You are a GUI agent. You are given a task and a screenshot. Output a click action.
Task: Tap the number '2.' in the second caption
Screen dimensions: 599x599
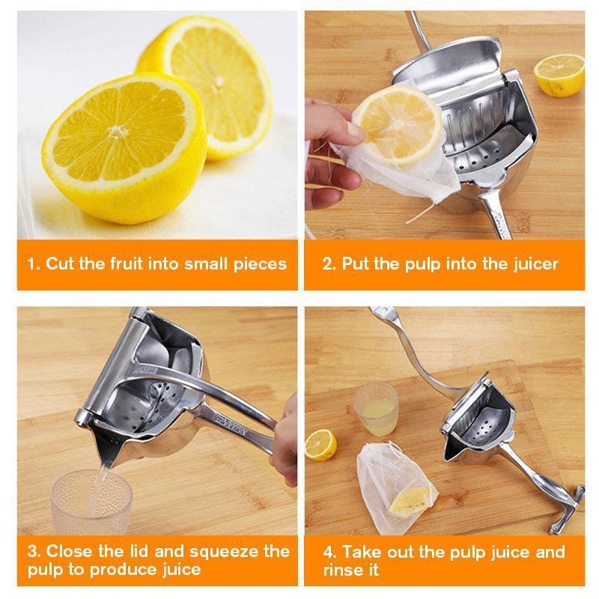tap(329, 264)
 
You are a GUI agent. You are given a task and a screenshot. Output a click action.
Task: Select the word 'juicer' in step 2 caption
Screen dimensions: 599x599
tap(535, 264)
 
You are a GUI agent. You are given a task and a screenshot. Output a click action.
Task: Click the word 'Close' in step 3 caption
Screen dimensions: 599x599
tap(70, 552)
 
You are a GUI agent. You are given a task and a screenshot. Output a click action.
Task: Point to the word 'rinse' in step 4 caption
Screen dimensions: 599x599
tap(343, 571)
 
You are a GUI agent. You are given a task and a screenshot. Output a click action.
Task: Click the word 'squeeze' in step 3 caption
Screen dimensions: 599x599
tap(208, 553)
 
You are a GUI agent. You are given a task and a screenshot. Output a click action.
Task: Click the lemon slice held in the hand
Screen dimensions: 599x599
tap(398, 124)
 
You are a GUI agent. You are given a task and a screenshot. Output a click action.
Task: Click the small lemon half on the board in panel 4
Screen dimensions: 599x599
tap(320, 444)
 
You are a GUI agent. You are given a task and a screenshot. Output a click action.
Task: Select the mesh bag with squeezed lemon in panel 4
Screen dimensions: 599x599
tap(395, 487)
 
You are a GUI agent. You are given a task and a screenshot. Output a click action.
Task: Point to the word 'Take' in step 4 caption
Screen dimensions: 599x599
tap(363, 553)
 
